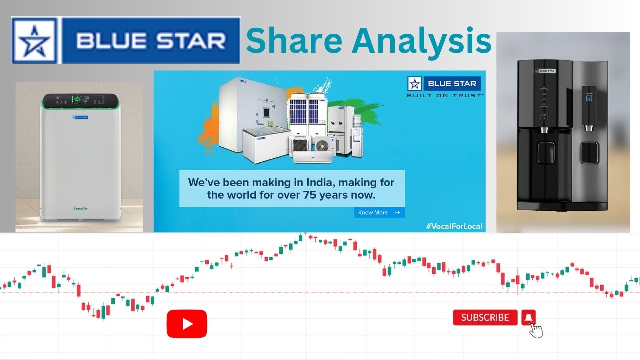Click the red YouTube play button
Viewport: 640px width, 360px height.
pos(187,324)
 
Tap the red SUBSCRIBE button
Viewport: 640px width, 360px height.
pos(485,318)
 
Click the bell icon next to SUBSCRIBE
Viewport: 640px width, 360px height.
pos(528,317)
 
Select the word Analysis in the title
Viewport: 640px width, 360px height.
pos(422,42)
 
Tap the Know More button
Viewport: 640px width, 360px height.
pos(379,212)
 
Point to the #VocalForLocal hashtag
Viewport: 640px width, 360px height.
pos(454,226)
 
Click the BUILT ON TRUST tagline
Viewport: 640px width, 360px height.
pos(445,95)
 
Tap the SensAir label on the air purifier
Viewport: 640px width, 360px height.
pos(81,208)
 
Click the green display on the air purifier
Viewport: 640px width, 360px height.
pos(77,99)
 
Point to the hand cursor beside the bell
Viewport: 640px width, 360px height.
pos(536,330)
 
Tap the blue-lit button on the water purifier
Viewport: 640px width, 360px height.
pos(589,98)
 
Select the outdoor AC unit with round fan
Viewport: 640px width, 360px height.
pos(322,145)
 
